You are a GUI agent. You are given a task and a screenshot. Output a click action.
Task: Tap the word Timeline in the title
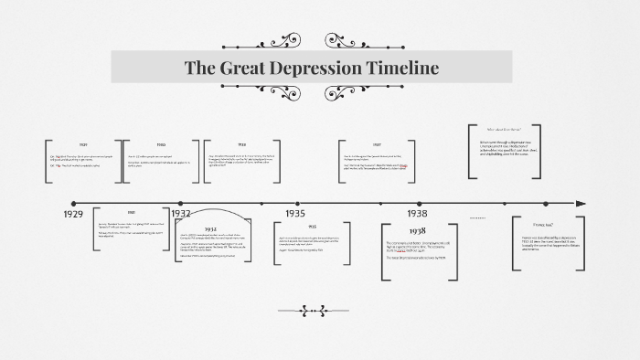pyautogui.click(x=403, y=68)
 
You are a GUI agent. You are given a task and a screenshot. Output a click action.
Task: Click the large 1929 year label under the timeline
pyautogui.click(x=74, y=214)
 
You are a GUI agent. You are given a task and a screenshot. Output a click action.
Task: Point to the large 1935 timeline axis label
pyautogui.click(x=294, y=213)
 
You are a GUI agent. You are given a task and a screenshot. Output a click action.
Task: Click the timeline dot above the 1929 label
pyautogui.click(x=73, y=203)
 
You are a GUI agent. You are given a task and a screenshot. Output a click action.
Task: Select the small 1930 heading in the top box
pyautogui.click(x=161, y=145)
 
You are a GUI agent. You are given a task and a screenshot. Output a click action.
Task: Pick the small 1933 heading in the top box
pyautogui.click(x=242, y=145)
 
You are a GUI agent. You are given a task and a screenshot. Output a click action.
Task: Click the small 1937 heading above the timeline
pyautogui.click(x=377, y=145)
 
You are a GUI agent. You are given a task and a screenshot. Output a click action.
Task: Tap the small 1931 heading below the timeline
pyautogui.click(x=131, y=212)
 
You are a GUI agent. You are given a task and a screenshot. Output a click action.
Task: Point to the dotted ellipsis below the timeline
pyautogui.click(x=477, y=218)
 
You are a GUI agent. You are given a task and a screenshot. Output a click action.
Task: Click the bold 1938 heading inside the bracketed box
pyautogui.click(x=418, y=230)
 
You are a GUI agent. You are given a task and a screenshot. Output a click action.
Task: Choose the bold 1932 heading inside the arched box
pyautogui.click(x=210, y=228)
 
